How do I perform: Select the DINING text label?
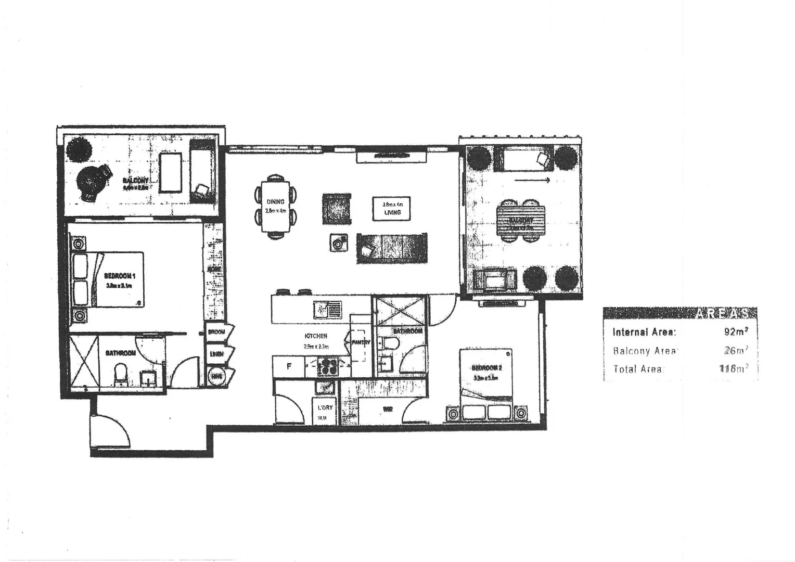[275, 202]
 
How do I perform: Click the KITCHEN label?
[315, 336]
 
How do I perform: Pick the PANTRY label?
[361, 343]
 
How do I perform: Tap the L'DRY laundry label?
[325, 407]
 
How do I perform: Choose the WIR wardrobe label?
[387, 410]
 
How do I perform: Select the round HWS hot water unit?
[215, 376]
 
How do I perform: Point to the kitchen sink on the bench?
[326, 310]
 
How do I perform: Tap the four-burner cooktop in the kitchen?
[327, 366]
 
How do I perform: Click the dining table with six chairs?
[276, 207]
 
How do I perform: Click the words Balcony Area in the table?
[644, 351]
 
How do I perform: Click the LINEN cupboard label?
[216, 354]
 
